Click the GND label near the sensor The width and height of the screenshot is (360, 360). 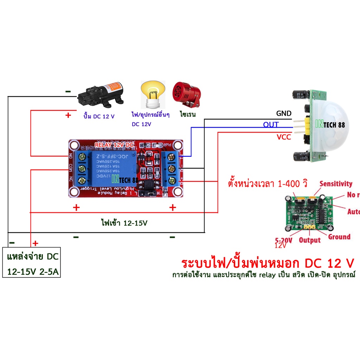point(283,113)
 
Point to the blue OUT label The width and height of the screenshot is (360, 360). point(271,125)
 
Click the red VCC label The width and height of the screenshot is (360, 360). point(284,137)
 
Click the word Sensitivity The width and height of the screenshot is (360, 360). point(335,184)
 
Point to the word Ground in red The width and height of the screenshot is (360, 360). point(339,237)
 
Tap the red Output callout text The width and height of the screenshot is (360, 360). point(310,240)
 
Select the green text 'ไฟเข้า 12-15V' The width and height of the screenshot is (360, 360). point(124,223)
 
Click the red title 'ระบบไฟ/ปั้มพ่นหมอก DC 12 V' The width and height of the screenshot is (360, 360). point(267,263)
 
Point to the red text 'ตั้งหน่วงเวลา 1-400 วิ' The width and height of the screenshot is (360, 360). point(268,184)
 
